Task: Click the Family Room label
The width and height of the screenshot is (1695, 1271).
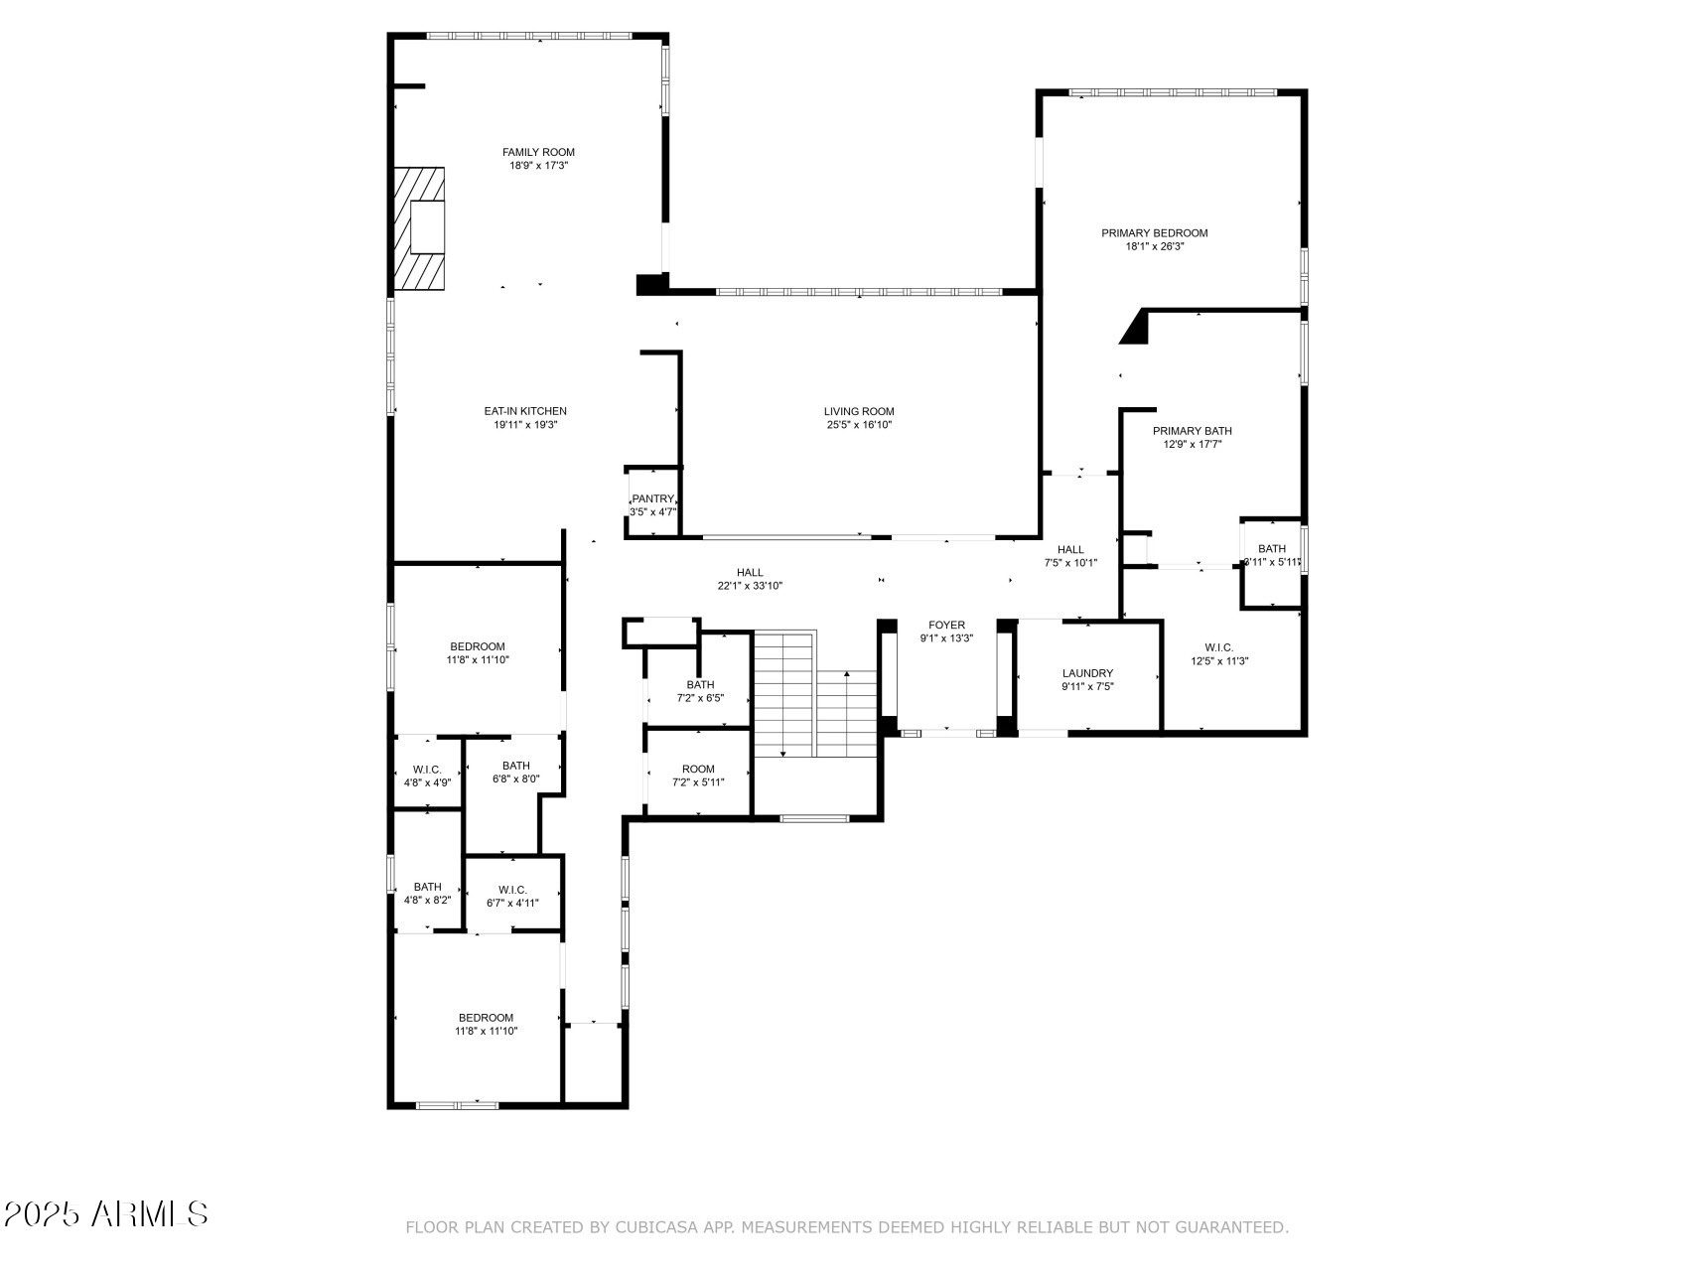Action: click(x=538, y=152)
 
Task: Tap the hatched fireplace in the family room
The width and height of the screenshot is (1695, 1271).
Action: click(x=418, y=228)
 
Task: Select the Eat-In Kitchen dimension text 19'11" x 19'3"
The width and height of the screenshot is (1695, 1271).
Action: click(x=525, y=425)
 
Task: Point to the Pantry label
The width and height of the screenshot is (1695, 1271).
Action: click(x=652, y=498)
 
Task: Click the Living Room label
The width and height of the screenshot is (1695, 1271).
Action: click(x=859, y=411)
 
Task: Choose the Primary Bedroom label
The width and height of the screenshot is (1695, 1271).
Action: click(x=1155, y=233)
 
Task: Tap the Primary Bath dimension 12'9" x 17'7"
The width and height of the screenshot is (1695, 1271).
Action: click(x=1193, y=445)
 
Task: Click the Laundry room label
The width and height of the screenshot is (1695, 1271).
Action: click(x=1087, y=673)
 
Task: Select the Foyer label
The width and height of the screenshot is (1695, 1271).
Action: click(x=946, y=626)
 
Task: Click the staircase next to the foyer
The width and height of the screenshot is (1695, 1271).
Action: click(x=815, y=695)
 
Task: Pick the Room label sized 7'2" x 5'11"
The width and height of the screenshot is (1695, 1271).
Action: click(x=698, y=769)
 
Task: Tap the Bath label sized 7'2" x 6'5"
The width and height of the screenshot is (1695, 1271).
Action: click(x=700, y=684)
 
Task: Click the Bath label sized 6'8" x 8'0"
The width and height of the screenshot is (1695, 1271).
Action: click(x=515, y=766)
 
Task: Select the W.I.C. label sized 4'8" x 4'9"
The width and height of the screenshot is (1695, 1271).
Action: click(x=427, y=770)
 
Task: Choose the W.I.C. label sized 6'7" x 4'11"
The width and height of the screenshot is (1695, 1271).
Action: click(x=512, y=890)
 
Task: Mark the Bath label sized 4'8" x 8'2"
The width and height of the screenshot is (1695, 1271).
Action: click(x=427, y=887)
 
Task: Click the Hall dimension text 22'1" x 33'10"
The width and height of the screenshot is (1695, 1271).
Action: click(x=750, y=586)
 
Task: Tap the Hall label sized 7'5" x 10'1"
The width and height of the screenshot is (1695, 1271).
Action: click(x=1070, y=549)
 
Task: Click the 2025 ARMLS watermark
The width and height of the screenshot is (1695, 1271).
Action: click(x=106, y=1213)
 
